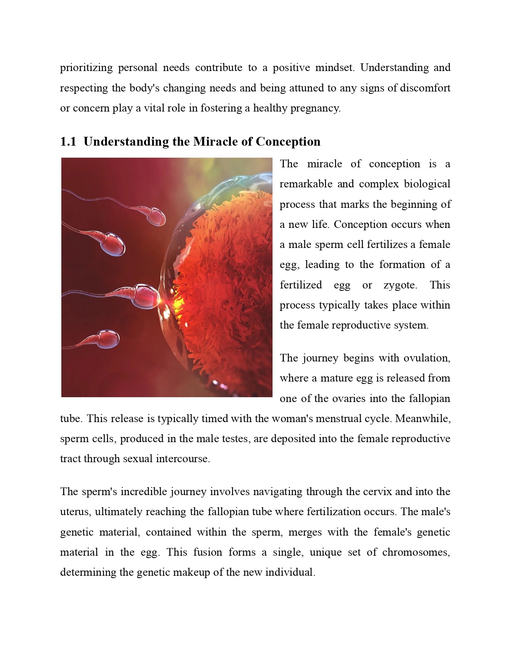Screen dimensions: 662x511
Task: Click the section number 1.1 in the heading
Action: point(68,142)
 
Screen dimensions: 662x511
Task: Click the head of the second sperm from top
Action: point(112,244)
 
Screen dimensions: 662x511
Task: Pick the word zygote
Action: point(400,285)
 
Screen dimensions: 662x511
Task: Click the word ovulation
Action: point(426,358)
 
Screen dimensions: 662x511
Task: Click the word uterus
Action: point(75,512)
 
